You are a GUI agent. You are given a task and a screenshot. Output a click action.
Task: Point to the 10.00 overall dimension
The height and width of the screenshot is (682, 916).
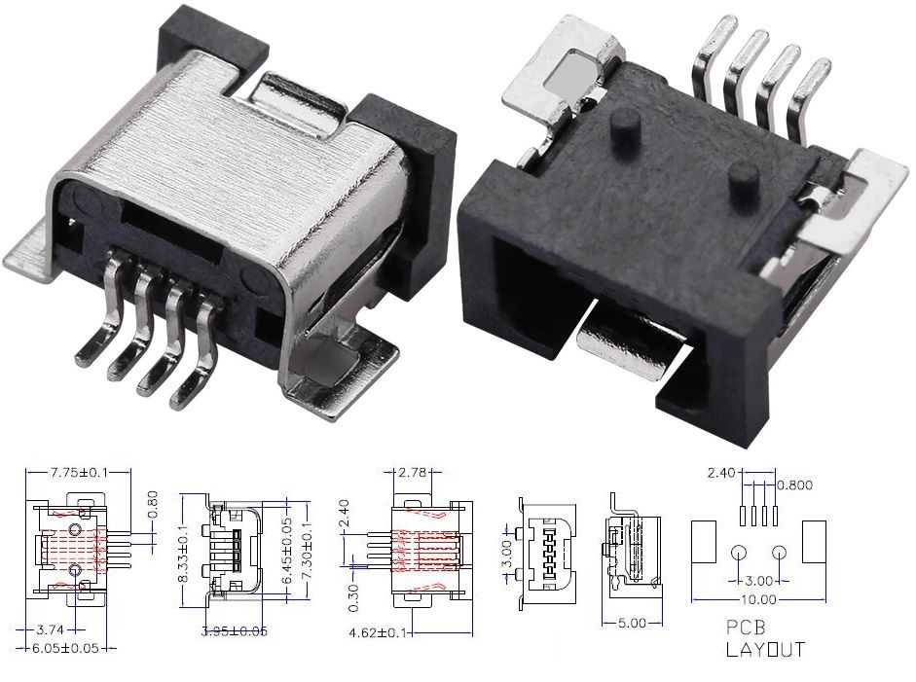point(758,600)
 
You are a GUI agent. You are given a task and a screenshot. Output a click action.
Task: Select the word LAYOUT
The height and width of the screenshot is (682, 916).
point(765,649)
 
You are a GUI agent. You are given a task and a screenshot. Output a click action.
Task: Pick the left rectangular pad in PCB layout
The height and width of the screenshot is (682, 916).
point(703,542)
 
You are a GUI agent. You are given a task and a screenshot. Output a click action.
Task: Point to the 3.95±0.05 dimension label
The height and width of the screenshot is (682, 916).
point(235,631)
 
